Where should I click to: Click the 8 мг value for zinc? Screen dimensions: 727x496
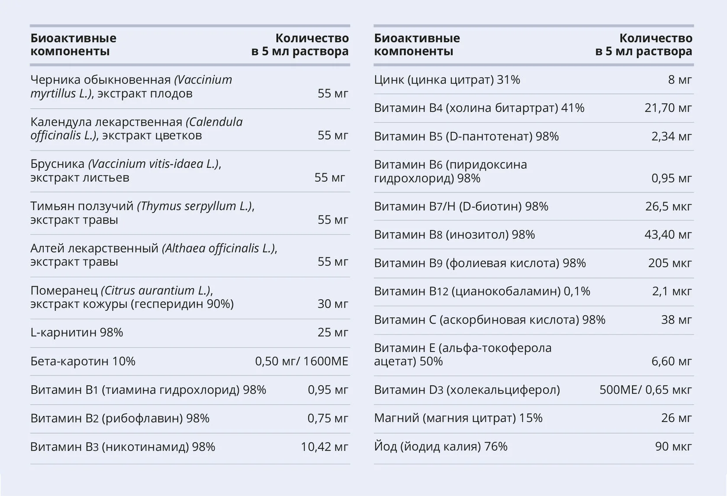tap(680, 80)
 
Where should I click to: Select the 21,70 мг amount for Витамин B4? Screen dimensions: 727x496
tap(668, 108)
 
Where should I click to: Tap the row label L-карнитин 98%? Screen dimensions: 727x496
tap(77, 333)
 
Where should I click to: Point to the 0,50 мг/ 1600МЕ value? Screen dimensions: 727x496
tap(302, 362)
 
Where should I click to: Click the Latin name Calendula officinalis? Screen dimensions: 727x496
tap(136, 129)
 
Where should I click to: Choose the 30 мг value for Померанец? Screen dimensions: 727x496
tap(333, 304)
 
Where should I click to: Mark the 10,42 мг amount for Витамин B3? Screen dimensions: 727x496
tap(325, 447)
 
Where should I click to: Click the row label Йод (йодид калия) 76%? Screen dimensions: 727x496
tap(441, 447)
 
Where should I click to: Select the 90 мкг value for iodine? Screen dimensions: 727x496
tap(673, 447)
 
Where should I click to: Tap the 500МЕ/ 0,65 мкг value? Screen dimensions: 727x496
tap(646, 390)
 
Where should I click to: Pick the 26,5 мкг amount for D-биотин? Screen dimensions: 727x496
tap(669, 207)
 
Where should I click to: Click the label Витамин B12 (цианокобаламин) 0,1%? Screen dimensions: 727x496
tap(482, 291)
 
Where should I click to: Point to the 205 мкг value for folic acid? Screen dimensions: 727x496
tap(670, 263)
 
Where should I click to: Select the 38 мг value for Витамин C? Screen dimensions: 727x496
tap(677, 320)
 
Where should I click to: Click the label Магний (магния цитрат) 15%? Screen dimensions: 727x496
tap(458, 418)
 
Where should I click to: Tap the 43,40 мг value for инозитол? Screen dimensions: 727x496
tap(668, 234)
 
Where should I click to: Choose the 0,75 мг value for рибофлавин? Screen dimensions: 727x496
tap(328, 419)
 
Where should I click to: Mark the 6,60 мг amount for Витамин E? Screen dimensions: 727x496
tap(672, 362)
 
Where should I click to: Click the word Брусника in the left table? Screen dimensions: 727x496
tap(58, 164)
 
